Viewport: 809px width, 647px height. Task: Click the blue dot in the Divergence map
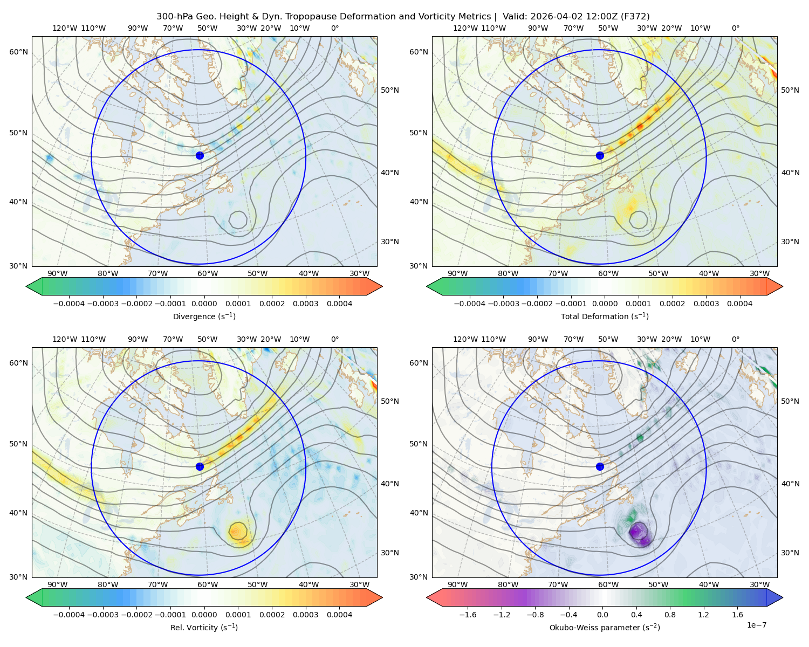200,155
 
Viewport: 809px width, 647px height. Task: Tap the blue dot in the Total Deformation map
600,155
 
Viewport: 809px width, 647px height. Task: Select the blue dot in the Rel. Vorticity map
200,466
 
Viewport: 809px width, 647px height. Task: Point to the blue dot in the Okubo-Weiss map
600,466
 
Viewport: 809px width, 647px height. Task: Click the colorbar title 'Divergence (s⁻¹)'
204,316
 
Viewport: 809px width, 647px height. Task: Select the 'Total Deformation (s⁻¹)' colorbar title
605,316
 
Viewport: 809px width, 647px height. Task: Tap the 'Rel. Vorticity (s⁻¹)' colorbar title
204,627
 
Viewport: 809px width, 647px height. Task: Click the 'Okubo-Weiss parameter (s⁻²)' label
605,627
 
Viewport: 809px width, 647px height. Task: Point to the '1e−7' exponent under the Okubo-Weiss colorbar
756,625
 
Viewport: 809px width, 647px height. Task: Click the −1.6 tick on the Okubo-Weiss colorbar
468,614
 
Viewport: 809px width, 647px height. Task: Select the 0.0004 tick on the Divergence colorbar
339,304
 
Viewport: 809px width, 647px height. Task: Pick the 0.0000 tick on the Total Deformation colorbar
605,304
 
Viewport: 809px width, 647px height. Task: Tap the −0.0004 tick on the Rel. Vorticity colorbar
69,614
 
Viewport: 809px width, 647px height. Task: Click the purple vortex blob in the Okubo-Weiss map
639,533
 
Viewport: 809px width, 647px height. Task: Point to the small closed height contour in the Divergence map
238,219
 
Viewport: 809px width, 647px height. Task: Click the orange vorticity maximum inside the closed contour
236,531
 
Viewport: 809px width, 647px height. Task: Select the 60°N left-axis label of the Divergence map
19,52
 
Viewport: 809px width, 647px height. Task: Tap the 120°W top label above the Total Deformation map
465,28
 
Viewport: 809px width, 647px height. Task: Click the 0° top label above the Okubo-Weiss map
735,339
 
